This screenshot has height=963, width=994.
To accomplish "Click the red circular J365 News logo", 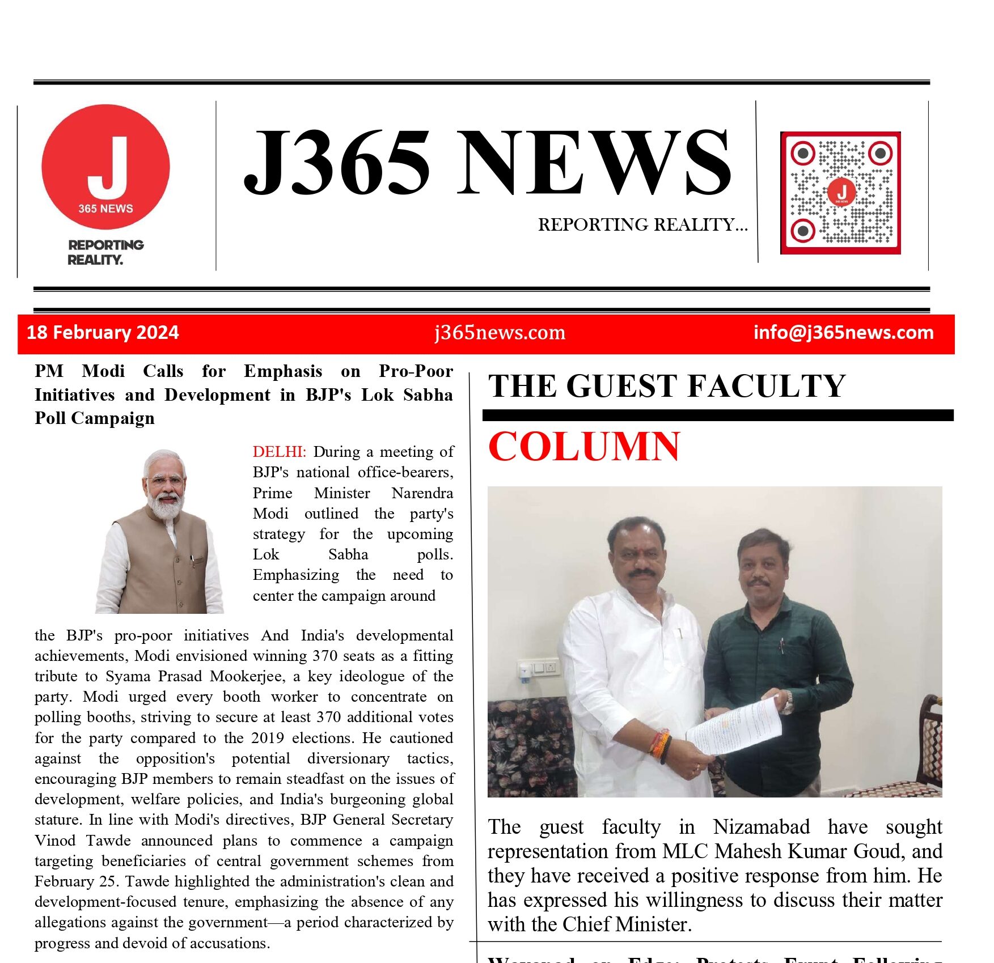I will pos(105,167).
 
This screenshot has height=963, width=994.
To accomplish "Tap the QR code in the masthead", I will pos(840,193).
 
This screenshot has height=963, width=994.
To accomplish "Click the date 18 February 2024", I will pos(103,332).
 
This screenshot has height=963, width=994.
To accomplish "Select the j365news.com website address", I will pos(500,333).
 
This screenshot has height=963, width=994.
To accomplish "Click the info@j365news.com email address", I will pos(843,332).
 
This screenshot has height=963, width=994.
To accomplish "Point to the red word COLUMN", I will pos(583,447).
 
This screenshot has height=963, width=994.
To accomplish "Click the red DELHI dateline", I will pos(279,452).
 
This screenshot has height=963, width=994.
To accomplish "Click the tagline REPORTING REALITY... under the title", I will pos(642,225).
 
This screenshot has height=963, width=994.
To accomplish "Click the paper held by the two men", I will pos(734,727).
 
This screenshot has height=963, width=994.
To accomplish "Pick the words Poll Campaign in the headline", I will pos(95,418).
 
